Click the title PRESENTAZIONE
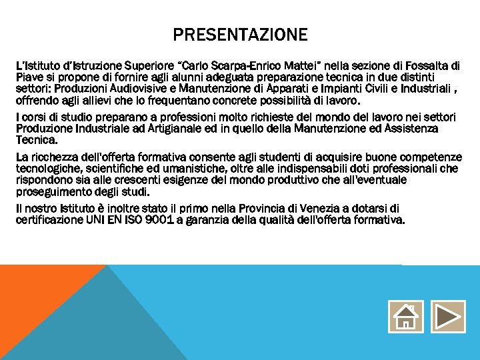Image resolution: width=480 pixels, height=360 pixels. pos(240,35)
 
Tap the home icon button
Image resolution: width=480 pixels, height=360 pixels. pos(405,317)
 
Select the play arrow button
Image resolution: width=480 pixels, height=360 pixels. pos(448,317)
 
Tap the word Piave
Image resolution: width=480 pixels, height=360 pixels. pos(29,77)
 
